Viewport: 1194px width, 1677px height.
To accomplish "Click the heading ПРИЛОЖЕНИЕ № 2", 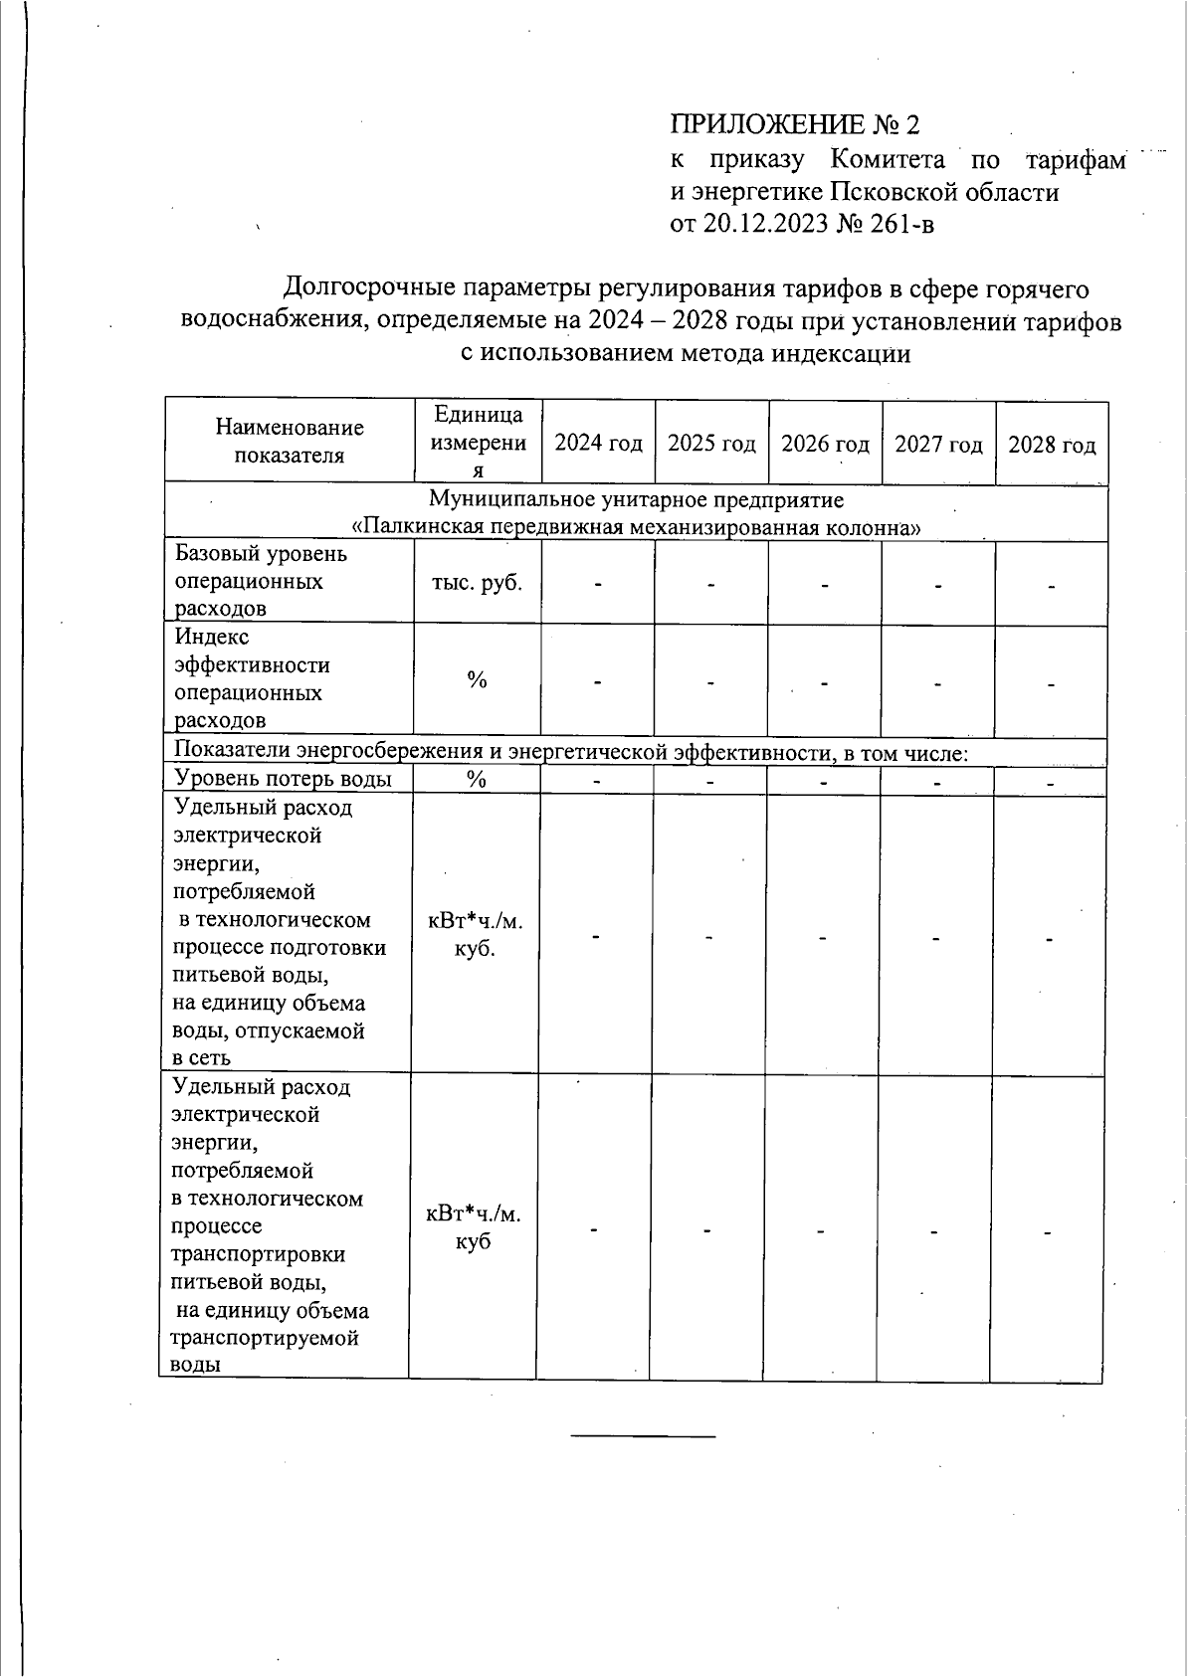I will (x=794, y=125).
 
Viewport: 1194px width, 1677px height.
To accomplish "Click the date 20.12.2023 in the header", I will (x=764, y=224).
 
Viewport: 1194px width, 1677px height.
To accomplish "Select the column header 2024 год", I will (x=598, y=444).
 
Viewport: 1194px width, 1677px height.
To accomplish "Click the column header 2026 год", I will (x=825, y=444).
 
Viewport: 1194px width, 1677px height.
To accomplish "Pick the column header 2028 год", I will (x=1052, y=445).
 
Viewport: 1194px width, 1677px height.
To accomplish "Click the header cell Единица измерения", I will (x=478, y=443).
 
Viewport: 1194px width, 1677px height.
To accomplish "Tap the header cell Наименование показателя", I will (x=290, y=442).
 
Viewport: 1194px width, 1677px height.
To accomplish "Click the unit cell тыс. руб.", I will (x=477, y=583).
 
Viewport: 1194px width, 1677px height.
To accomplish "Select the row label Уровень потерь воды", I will (x=283, y=779).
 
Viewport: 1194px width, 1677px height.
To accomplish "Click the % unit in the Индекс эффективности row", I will (x=477, y=680).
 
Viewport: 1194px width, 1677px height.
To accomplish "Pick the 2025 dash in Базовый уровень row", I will (x=711, y=585).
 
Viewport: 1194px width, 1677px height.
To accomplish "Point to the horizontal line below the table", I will (x=643, y=1436).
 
